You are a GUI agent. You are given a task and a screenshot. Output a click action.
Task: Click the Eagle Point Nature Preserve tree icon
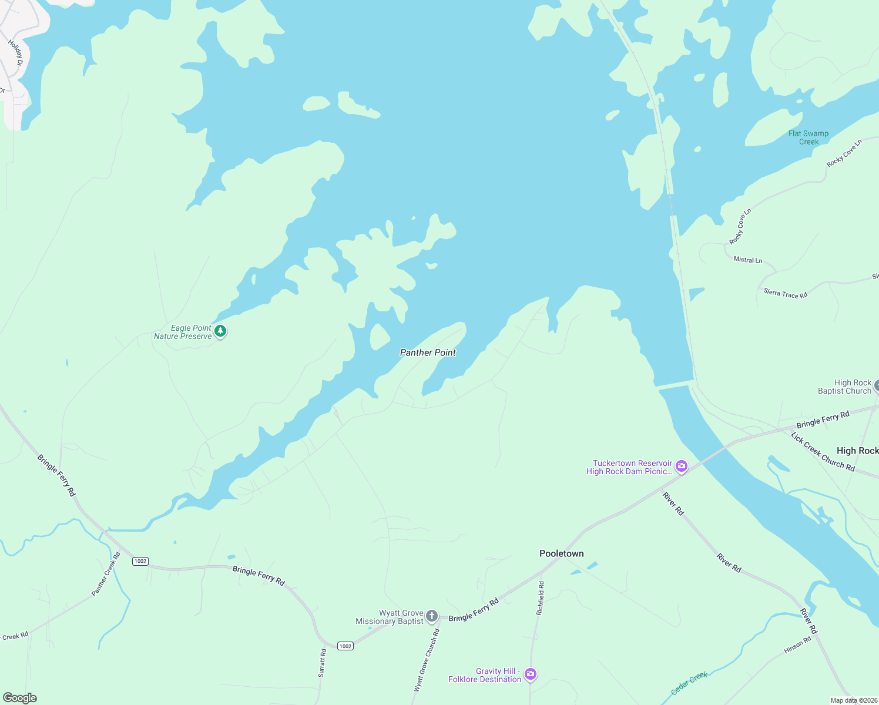(220, 331)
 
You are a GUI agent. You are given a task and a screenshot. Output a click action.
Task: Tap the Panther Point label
(428, 352)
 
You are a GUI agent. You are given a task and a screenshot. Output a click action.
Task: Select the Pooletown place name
(561, 553)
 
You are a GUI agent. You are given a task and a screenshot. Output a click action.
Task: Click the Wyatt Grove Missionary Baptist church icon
(432, 616)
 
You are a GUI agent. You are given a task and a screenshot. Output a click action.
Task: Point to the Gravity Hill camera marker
(530, 674)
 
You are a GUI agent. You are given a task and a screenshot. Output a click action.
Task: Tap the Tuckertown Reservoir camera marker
(682, 467)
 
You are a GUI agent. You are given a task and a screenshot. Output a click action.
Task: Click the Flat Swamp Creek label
(808, 137)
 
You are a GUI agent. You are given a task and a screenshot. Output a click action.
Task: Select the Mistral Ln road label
(747, 260)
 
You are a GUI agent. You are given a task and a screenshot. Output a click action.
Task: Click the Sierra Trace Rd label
(785, 293)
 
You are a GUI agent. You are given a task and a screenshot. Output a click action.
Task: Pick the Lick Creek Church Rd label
(823, 451)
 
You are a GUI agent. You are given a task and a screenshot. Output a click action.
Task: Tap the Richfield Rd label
(540, 598)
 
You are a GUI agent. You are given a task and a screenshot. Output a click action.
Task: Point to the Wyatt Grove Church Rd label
(427, 660)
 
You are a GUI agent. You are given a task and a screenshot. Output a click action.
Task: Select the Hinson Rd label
(797, 646)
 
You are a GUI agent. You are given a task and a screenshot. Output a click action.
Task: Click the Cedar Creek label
(689, 683)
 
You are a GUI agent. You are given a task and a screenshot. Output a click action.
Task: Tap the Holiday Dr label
(15, 53)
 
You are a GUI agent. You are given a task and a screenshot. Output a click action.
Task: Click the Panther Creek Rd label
(106, 574)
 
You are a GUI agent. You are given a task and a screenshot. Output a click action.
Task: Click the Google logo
(20, 698)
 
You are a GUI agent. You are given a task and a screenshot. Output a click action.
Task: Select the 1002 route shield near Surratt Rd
(345, 646)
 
